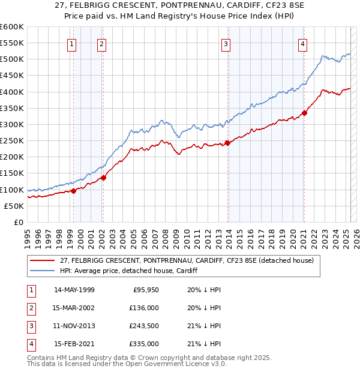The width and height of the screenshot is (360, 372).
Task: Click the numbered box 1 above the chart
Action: pos(71,44)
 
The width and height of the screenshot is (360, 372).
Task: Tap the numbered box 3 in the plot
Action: pos(226,44)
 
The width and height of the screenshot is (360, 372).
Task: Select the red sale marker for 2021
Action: pos(304,112)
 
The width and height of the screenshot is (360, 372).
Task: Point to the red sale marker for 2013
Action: pos(227,143)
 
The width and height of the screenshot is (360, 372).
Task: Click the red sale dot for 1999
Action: pos(73,191)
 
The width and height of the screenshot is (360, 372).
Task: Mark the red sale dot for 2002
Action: pos(103,178)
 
